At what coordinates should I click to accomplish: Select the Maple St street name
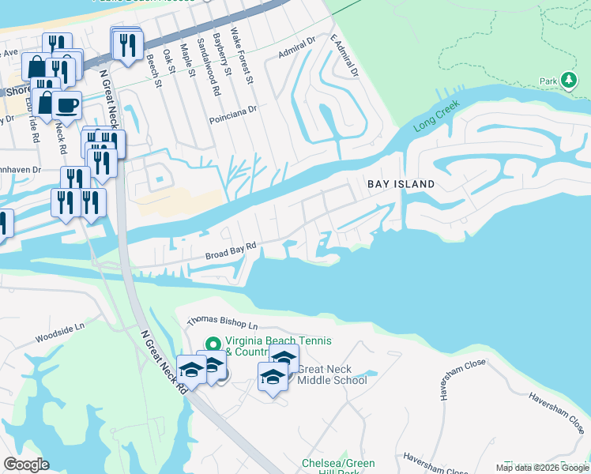pos(188,62)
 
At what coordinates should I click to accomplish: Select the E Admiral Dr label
pos(344,55)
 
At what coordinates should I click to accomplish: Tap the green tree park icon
pos(569,80)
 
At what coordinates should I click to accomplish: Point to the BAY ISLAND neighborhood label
pos(401,184)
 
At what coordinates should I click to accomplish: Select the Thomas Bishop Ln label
pos(222,324)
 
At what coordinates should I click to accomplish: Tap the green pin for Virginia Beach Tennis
pos(212,344)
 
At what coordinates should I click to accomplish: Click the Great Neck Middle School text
pos(332,374)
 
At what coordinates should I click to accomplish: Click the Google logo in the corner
pos(26,465)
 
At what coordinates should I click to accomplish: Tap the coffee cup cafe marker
pos(66,105)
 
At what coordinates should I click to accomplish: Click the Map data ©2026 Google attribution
pos(542,468)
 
